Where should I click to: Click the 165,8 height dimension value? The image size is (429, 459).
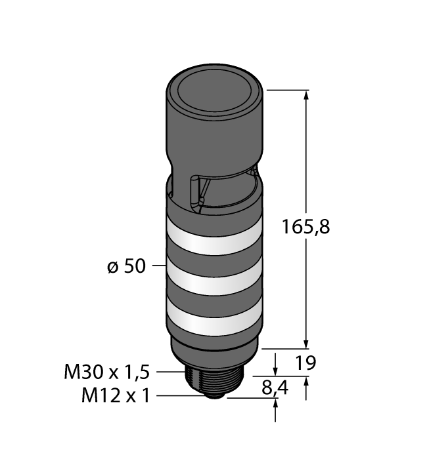305,227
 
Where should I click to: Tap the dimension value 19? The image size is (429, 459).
305,363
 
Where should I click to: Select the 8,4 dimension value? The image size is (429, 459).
275,388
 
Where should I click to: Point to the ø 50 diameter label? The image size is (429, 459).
126,266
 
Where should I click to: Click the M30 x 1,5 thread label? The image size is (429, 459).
106,372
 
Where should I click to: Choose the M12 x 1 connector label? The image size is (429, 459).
116,396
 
